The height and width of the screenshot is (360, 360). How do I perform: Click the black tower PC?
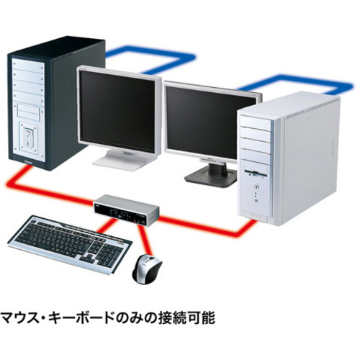pos(56,103)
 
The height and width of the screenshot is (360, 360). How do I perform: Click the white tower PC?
pos(288,158)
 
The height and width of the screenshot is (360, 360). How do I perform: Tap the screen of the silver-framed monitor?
pos(117,111)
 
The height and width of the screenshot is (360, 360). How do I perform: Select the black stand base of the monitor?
pos(210,178)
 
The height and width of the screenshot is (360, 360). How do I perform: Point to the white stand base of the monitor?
pos(120,160)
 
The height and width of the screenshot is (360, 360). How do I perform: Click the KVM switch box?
pos(126,210)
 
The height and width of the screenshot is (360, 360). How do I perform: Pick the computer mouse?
pos(147,269)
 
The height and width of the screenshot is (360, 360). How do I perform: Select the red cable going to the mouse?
pos(145,240)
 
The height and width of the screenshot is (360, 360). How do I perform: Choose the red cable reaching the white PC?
pos(207,225)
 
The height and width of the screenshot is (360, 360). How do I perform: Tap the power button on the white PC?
pos(256,186)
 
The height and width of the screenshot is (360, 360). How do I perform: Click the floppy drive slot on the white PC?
pos(256,174)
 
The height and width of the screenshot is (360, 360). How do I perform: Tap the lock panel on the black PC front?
pos(28,138)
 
